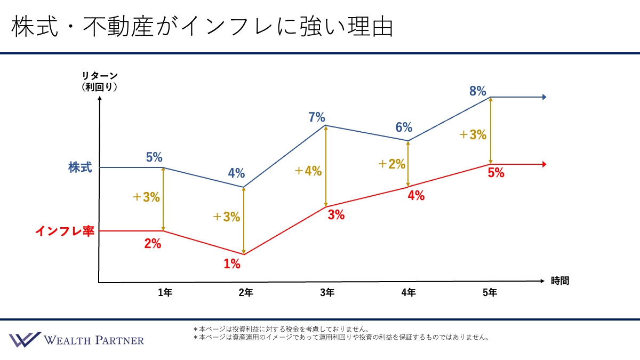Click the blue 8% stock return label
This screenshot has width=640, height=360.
[477, 91]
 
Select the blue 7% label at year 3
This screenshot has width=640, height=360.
[316, 117]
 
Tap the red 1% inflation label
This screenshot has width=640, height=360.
[232, 263]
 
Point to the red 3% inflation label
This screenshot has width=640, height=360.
[336, 215]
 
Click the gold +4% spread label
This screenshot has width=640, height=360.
[308, 171]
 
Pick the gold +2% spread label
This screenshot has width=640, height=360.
[392, 164]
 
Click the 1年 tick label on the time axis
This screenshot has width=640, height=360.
[165, 292]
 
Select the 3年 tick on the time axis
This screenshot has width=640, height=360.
[327, 292]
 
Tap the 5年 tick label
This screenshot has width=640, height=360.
[490, 292]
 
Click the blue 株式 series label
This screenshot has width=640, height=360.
[80, 167]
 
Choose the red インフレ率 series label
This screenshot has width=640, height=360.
[65, 231]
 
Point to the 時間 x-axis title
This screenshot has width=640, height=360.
[560, 281]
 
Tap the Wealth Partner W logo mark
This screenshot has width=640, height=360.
[24, 340]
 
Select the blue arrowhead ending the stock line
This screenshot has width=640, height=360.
[544, 97]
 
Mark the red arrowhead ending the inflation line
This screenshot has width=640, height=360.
[544, 164]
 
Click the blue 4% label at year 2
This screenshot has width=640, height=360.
[236, 173]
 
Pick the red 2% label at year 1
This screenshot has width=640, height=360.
[153, 244]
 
